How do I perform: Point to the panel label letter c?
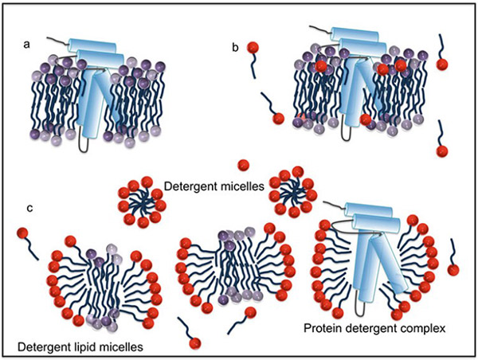tap(30, 209)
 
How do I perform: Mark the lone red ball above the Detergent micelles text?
tap(244, 165)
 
